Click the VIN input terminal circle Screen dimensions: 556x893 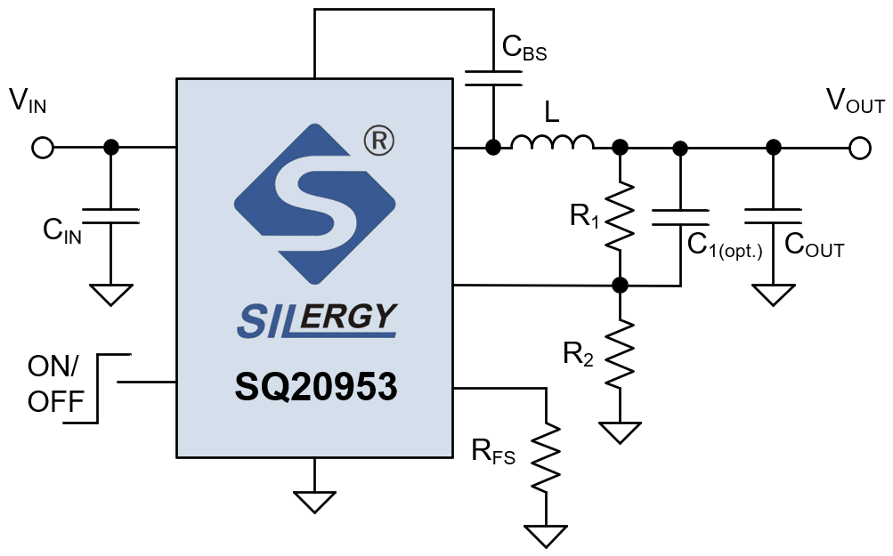point(42,148)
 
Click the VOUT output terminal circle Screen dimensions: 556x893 point(859,148)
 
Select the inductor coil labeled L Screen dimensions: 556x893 point(552,142)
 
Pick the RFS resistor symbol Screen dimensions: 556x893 point(546,456)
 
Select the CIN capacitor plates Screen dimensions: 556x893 point(110,216)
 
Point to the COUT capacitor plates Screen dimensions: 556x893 point(774,216)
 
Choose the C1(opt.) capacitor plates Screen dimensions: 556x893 point(680,216)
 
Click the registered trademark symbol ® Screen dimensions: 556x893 point(378,141)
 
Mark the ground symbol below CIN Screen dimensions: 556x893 point(110,294)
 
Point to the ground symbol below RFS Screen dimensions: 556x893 point(546,536)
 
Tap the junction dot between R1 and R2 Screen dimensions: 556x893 point(621,286)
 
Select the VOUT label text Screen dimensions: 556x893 point(855,102)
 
